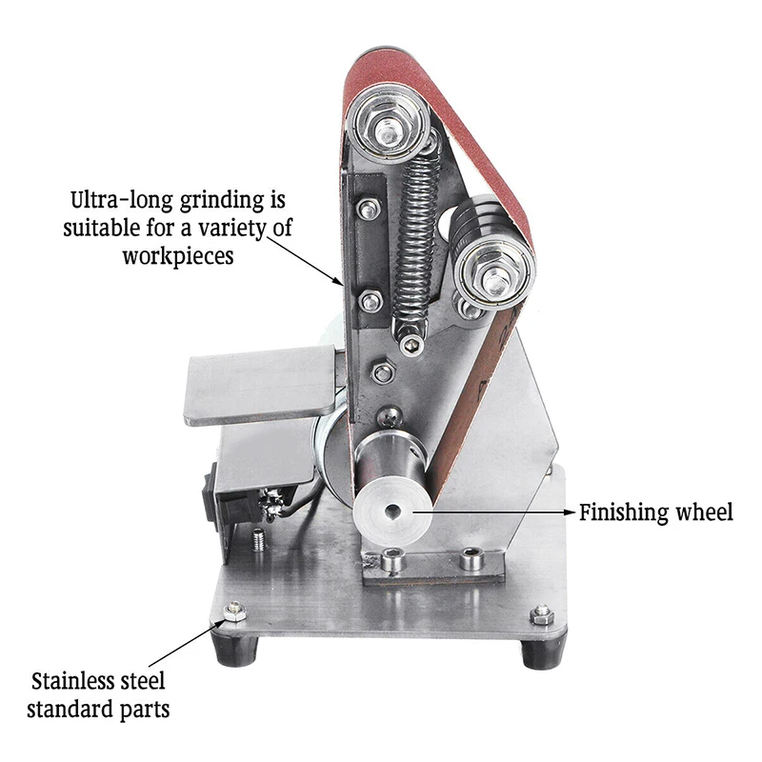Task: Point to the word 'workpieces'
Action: pyautogui.click(x=177, y=257)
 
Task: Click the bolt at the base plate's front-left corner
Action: pyautogui.click(x=232, y=611)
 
